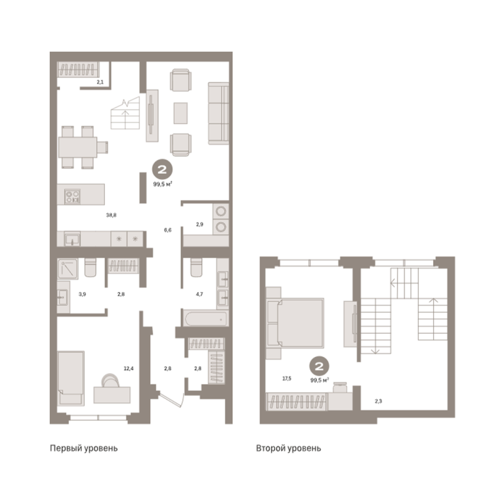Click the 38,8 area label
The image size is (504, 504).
tap(111, 215)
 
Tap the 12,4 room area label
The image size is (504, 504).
tap(129, 368)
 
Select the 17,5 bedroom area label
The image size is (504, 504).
tap(287, 378)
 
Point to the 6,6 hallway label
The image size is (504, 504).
tap(167, 230)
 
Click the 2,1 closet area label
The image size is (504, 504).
tap(100, 82)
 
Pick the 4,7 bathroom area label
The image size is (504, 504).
tap(199, 294)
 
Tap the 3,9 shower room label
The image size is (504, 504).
tap(82, 294)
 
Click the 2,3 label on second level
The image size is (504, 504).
tap(378, 401)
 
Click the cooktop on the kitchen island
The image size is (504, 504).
tap(72, 196)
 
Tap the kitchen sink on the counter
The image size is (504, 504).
tap(72, 240)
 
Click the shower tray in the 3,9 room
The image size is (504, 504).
tap(68, 268)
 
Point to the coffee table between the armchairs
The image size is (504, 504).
tap(180, 113)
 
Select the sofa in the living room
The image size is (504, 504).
tap(219, 113)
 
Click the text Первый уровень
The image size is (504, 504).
tap(83, 448)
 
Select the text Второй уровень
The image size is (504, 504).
tap(288, 448)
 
